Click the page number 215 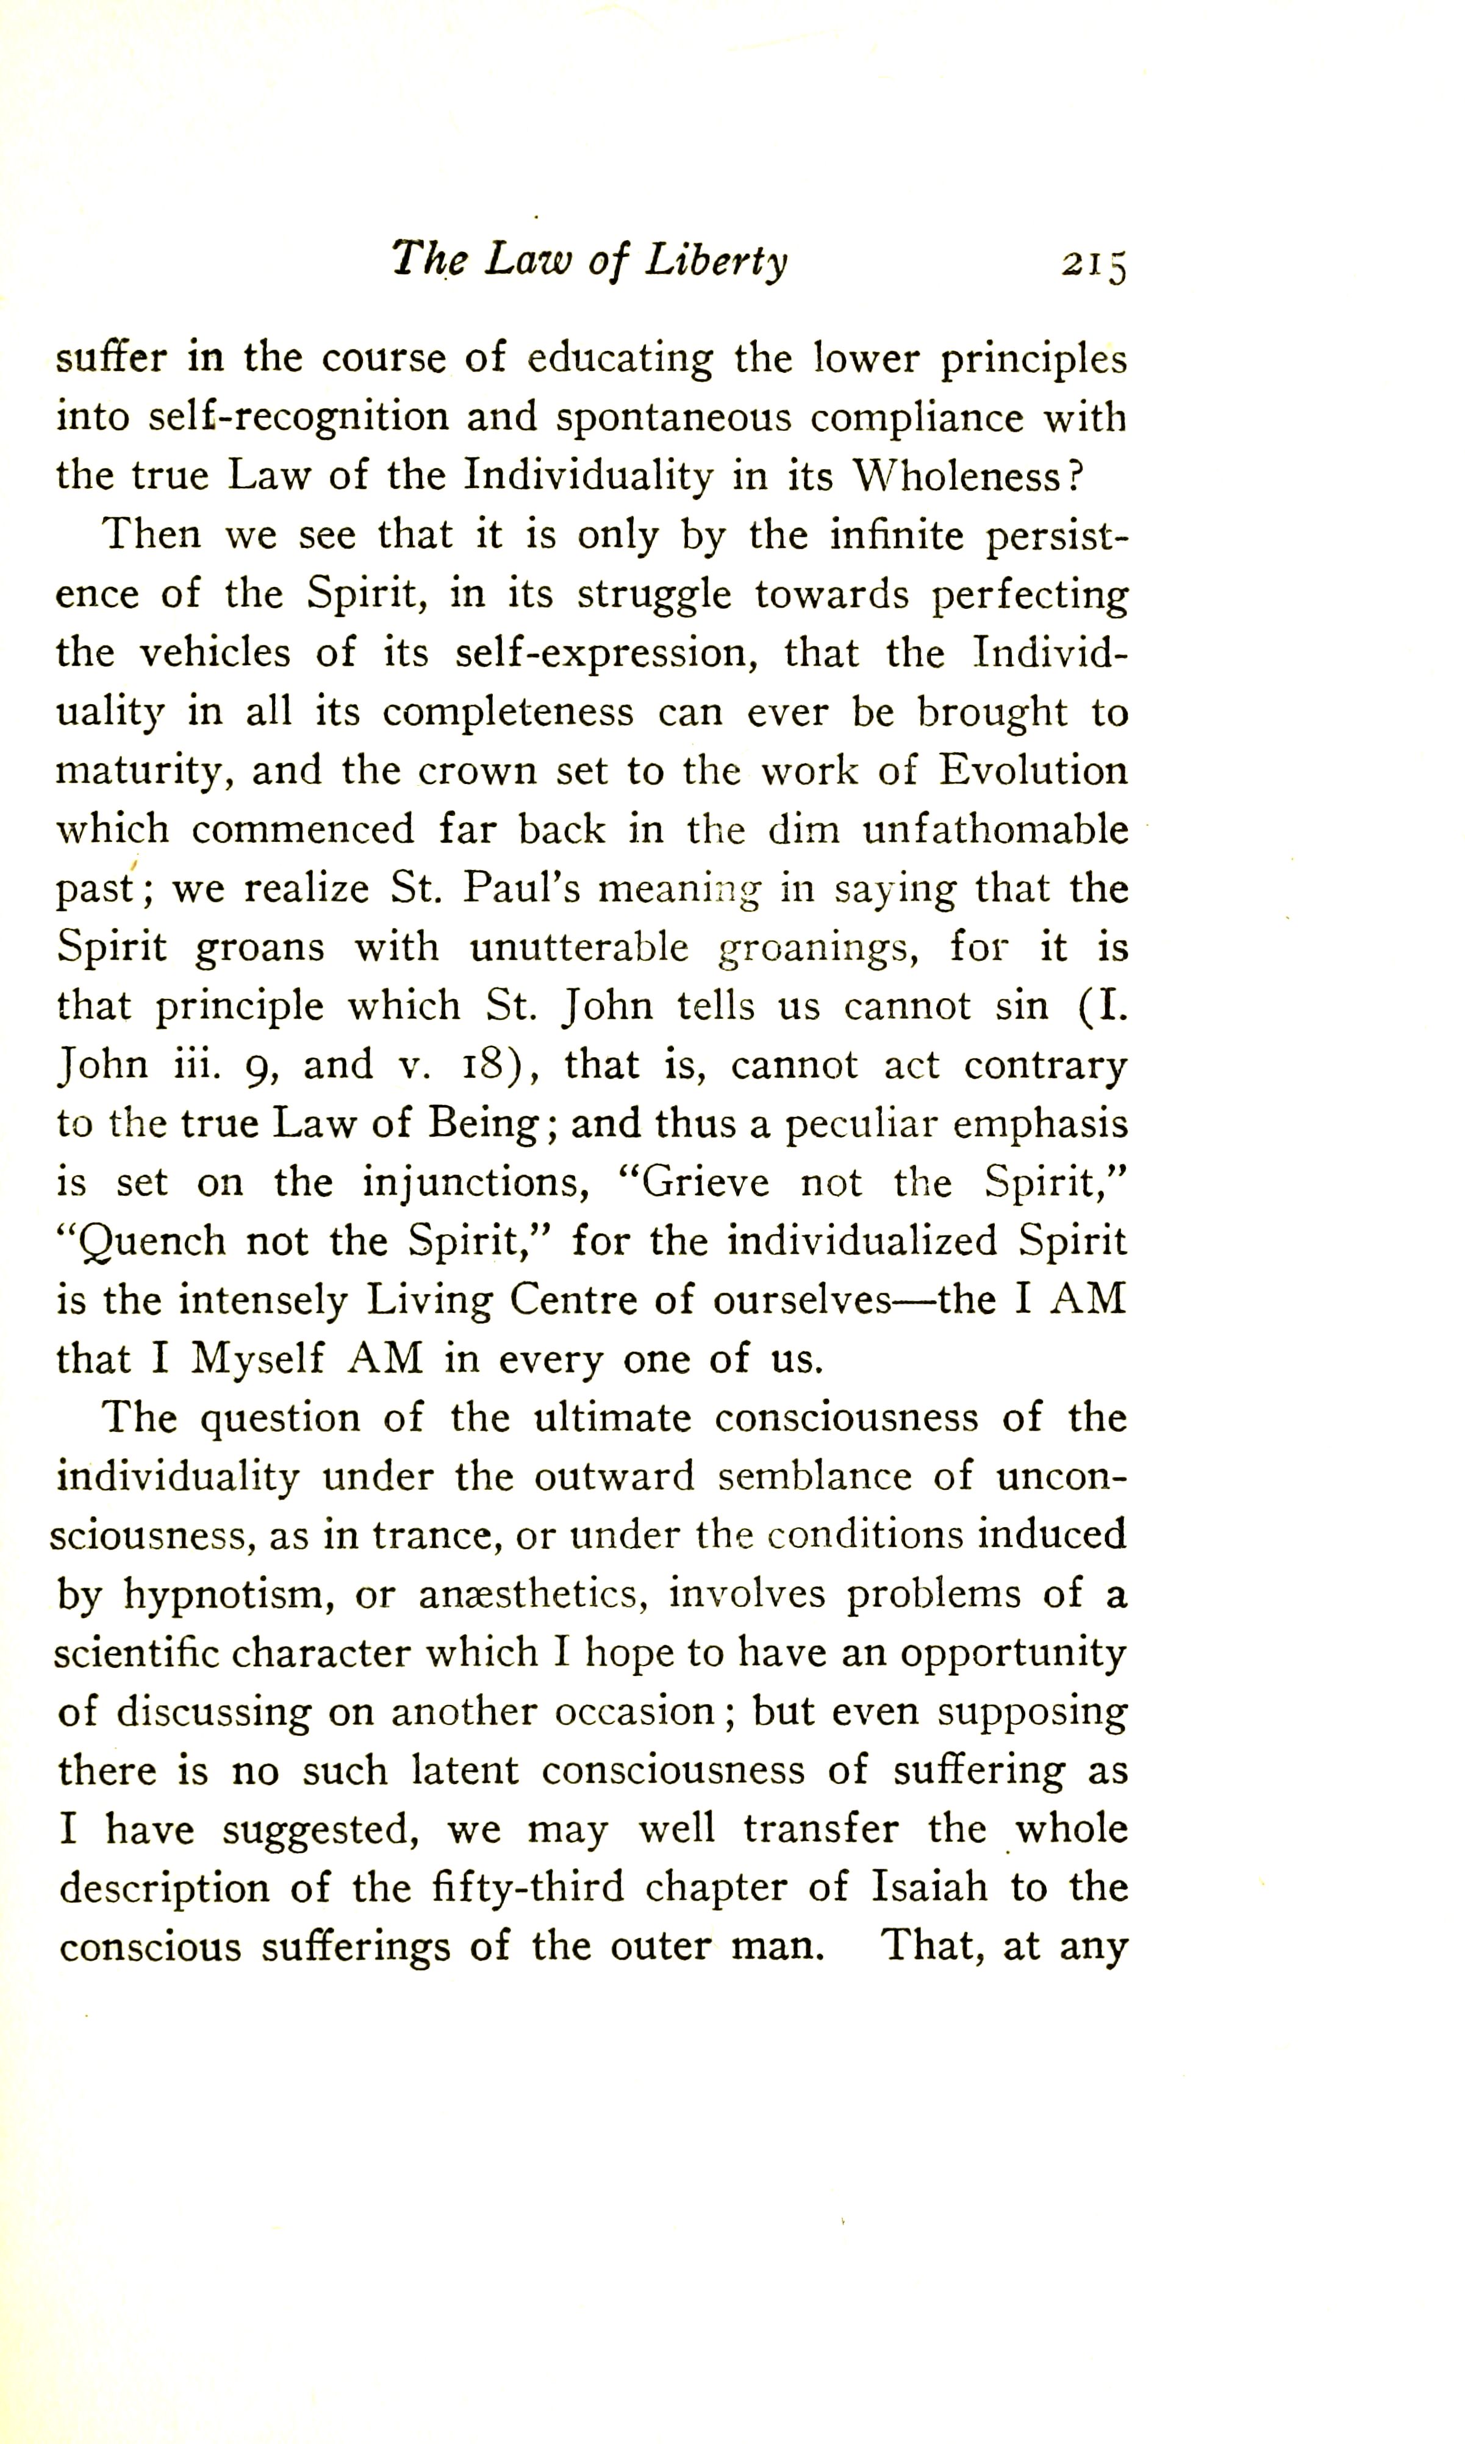point(1093,265)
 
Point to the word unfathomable point(995,830)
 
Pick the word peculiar point(856,1124)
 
